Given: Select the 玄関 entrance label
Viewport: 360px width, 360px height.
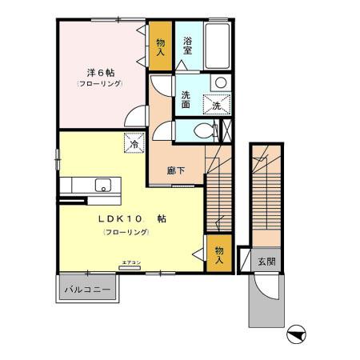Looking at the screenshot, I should pyautogui.click(x=266, y=261).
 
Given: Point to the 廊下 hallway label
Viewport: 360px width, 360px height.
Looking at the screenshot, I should pyautogui.click(x=176, y=170).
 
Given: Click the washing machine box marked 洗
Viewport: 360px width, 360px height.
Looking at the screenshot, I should pyautogui.click(x=218, y=104).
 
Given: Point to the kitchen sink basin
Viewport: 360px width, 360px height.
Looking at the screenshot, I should pyautogui.click(x=103, y=186).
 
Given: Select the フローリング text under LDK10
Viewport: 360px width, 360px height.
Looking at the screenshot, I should pyautogui.click(x=126, y=231).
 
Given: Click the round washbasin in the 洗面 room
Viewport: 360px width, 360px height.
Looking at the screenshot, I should pyautogui.click(x=219, y=82).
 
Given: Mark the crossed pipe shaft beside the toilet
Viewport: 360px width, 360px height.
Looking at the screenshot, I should pyautogui.click(x=226, y=130).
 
